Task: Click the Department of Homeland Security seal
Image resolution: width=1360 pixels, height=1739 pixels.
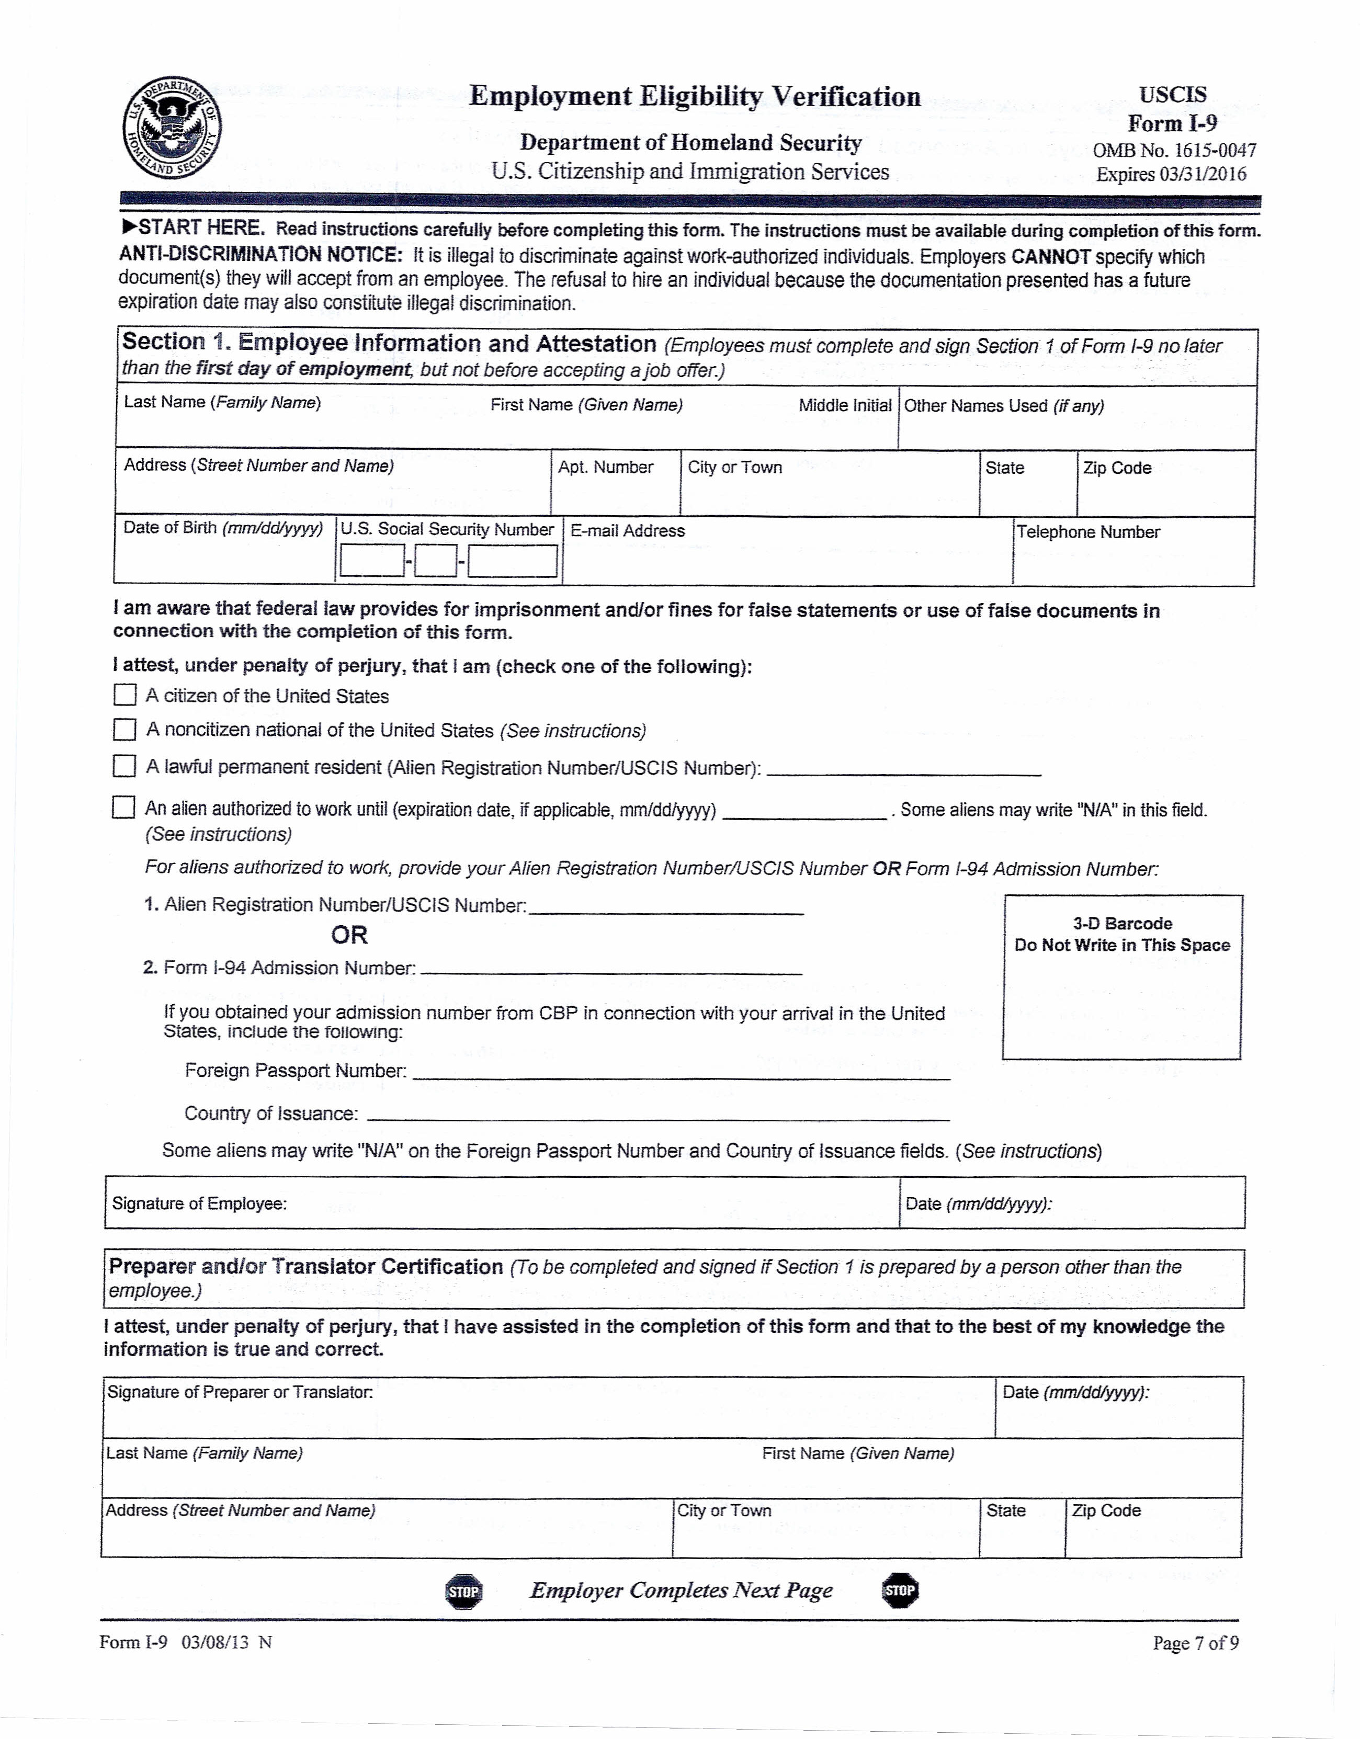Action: point(173,128)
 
